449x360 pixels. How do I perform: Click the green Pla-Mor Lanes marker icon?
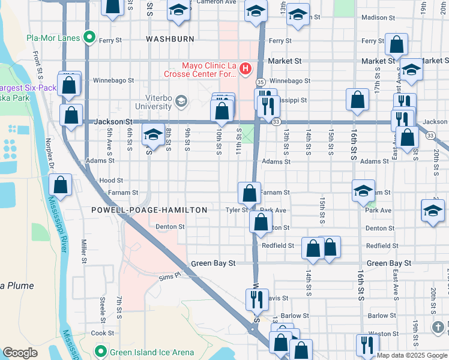[89, 38]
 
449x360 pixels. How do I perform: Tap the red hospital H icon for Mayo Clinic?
[245, 70]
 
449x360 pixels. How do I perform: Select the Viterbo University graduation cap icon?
[180, 102]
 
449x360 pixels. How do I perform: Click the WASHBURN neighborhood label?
[170, 39]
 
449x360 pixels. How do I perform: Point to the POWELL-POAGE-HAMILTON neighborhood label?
[149, 210]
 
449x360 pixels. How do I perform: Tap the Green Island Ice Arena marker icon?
[101, 352]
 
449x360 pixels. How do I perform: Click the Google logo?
[20, 353]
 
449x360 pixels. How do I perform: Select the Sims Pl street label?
[170, 277]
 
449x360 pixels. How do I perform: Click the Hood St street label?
[111, 180]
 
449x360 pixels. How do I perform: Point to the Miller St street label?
[84, 252]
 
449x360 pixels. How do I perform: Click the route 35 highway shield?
[261, 82]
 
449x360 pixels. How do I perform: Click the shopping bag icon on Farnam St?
[249, 193]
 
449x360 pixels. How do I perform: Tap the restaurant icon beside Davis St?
[256, 298]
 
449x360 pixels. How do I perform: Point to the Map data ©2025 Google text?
[412, 355]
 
